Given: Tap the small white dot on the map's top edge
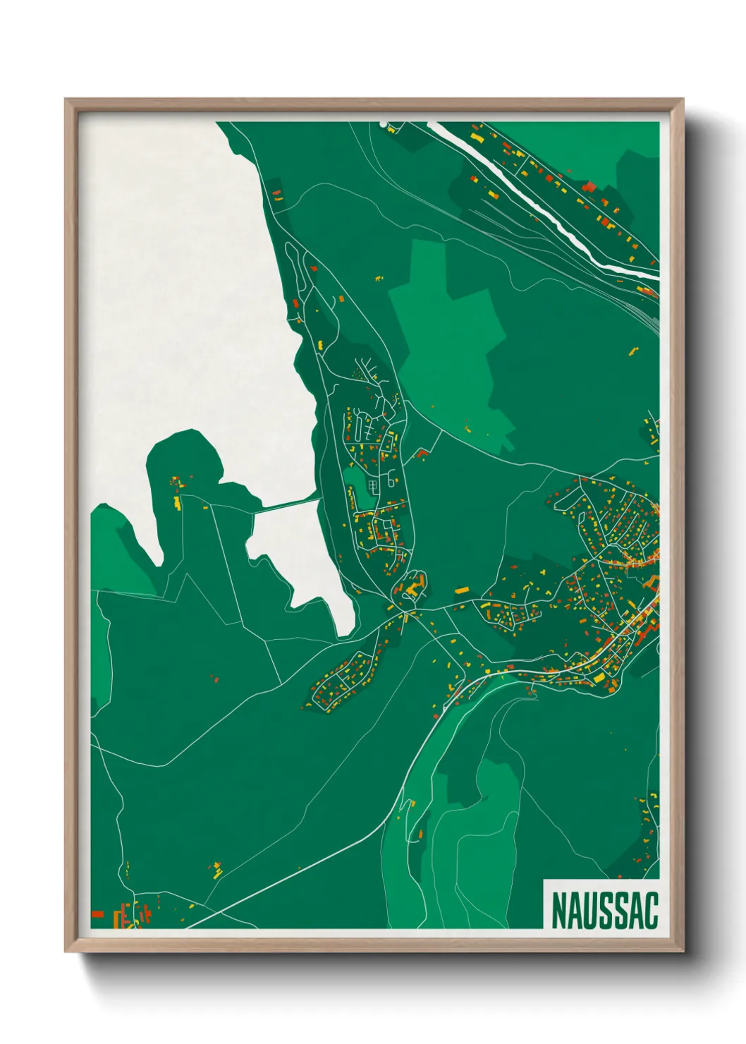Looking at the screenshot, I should click(384, 124).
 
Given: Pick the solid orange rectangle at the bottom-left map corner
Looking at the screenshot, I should click(97, 914).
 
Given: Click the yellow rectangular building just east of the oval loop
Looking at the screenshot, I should click(462, 590).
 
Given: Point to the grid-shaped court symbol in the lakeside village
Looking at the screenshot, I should click(373, 485).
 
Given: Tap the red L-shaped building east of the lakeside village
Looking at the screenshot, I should click(422, 453).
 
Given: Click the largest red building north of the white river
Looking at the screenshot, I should click(589, 186).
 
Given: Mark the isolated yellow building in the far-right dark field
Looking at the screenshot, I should click(632, 350).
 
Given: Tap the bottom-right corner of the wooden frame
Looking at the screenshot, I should click(683, 951).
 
